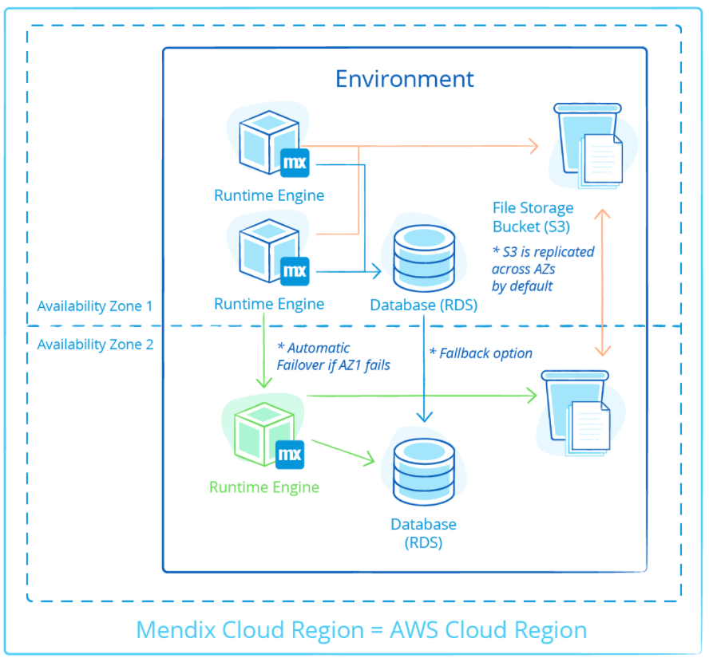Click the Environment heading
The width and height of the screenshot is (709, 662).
[404, 79]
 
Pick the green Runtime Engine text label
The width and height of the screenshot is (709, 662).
[263, 487]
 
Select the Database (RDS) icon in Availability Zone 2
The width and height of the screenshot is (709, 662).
[423, 470]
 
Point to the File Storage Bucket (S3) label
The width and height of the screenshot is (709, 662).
[533, 216]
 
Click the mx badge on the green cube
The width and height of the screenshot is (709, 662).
[289, 454]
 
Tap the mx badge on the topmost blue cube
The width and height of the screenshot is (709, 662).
[295, 162]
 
